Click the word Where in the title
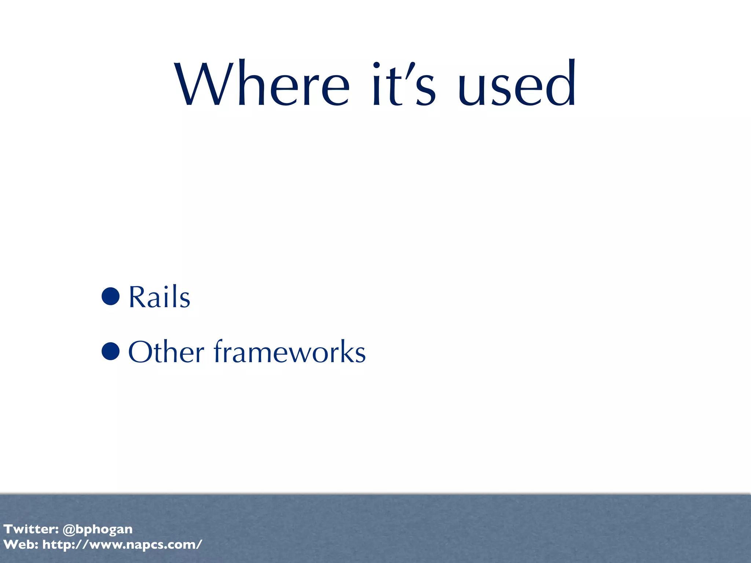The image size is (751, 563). click(x=262, y=84)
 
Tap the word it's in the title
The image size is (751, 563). click(x=403, y=84)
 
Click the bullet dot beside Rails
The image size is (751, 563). click(x=110, y=296)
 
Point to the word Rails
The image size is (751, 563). click(x=159, y=297)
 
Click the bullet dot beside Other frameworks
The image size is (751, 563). click(x=110, y=351)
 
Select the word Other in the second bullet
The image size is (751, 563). click(x=166, y=352)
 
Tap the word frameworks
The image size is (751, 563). click(x=290, y=352)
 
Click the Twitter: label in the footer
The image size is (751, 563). click(x=31, y=529)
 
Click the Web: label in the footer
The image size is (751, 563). click(x=21, y=544)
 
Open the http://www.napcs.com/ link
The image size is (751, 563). click(x=122, y=545)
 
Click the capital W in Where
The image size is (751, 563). click(x=204, y=84)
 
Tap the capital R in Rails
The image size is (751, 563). click(x=138, y=297)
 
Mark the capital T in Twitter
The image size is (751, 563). click(x=8, y=529)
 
